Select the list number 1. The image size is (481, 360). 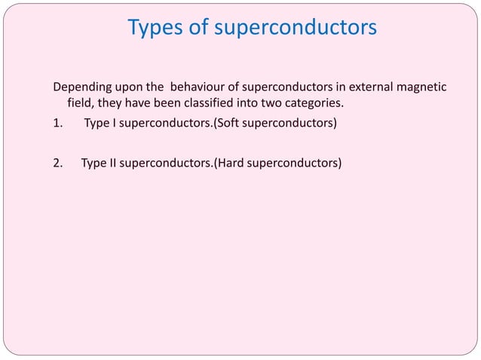click(x=57, y=123)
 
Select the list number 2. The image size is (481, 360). click(x=57, y=160)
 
